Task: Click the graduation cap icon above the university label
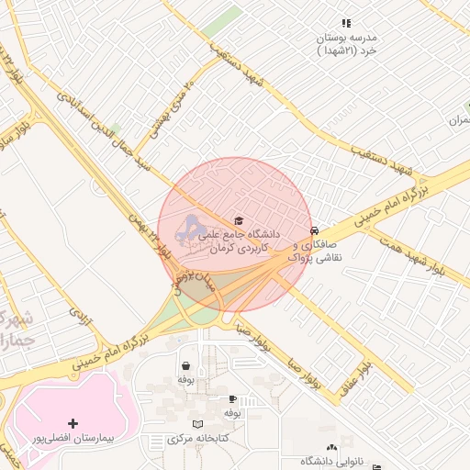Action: coord(240,220)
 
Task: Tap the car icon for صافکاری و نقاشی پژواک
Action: coord(315,230)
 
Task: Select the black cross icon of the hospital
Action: coord(73,423)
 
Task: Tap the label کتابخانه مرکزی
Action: coord(199,439)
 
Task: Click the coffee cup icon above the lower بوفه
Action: coord(232,398)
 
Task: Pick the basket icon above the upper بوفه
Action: coord(185,364)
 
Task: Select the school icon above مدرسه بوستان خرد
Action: coord(346,23)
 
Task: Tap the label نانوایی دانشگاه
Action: coord(323,461)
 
